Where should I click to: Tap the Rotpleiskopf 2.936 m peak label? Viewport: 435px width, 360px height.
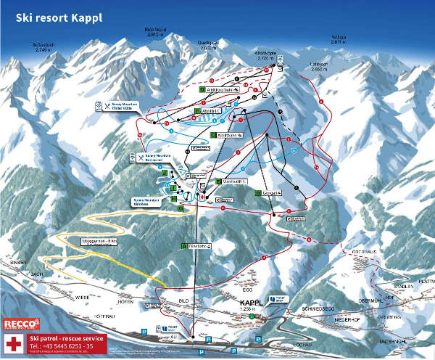coord(156,31)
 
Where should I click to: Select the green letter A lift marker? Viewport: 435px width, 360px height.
coord(184,246)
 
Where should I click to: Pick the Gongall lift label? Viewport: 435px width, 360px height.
coord(272,192)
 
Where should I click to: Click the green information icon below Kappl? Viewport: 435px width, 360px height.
coord(251,316)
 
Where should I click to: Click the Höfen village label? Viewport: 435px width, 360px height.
coord(126,301)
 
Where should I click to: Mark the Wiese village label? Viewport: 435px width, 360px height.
coord(81,298)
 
